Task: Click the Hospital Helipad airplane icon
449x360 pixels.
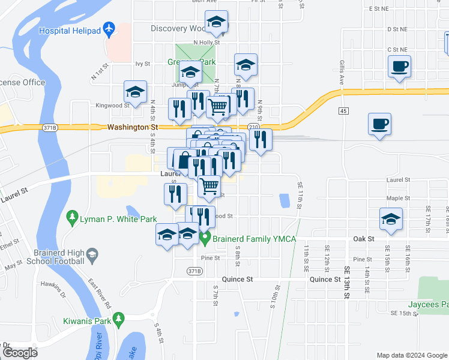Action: tap(109, 29)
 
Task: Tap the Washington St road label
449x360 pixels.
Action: tap(133, 127)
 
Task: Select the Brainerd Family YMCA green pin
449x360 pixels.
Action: tap(205, 239)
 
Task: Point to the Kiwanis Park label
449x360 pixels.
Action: tap(89, 320)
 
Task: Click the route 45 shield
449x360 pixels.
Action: tap(343, 111)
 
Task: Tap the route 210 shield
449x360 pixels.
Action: tap(253, 127)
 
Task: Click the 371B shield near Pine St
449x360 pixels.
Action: tap(194, 271)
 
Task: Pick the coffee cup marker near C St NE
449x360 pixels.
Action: tap(399, 67)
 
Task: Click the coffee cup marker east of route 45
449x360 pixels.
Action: tap(378, 125)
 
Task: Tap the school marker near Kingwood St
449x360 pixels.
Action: tap(136, 92)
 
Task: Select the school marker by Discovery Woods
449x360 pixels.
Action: tap(216, 23)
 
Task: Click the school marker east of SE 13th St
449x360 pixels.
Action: tap(391, 219)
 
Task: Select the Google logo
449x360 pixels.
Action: tap(19, 352)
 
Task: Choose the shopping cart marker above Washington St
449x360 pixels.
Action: tap(217, 107)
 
